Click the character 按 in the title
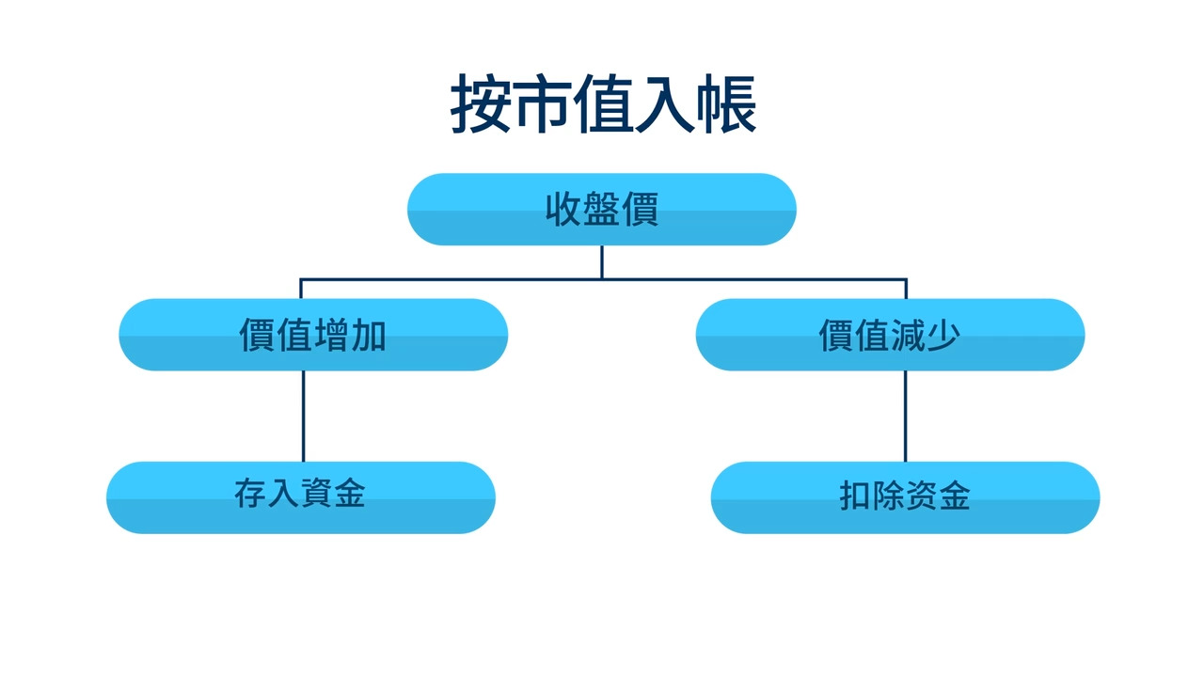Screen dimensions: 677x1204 (482, 105)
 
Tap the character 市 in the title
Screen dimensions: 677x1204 (543, 105)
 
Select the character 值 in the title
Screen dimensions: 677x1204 (604, 105)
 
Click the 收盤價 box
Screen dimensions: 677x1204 (602, 209)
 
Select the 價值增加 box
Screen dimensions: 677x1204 (313, 335)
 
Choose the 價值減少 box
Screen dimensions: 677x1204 (890, 335)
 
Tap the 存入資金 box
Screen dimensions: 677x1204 (301, 496)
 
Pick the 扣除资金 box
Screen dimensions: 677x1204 (905, 496)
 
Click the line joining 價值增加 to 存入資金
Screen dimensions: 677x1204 (303, 416)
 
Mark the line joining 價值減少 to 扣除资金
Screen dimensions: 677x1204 (905, 416)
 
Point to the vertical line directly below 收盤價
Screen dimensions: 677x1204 (602, 261)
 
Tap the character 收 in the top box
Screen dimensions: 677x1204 (563, 209)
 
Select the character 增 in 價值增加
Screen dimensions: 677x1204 (331, 335)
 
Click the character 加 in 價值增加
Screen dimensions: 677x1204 (369, 335)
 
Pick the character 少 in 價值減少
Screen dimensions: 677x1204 (943, 335)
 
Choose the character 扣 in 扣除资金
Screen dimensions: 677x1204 (855, 496)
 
